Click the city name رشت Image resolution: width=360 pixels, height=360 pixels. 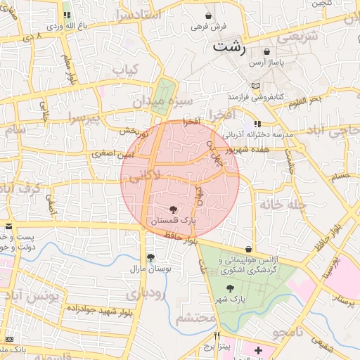tap(230, 48)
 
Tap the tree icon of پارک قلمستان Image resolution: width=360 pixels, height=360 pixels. tap(173, 210)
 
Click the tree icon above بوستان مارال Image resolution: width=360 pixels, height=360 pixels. tap(150, 257)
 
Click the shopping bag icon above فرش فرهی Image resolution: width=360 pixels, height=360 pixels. tap(209, 15)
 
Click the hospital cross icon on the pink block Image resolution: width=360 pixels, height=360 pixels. tap(258, 349)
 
